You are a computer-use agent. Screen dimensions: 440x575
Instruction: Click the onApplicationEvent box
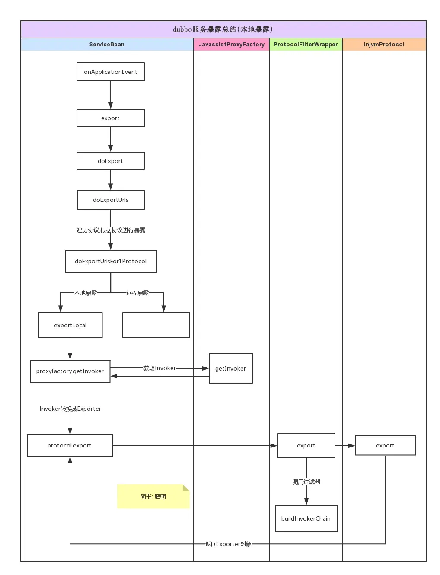tap(111, 72)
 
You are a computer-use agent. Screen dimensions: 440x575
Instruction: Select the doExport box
tap(111, 161)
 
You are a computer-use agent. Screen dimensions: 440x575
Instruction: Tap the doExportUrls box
tap(111, 200)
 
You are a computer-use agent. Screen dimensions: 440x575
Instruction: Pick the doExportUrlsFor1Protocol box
tap(111, 261)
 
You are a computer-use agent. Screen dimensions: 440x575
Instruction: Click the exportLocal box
tap(70, 325)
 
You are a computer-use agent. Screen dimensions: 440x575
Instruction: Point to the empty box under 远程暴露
tap(156, 325)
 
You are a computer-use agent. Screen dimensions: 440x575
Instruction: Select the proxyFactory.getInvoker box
tap(70, 371)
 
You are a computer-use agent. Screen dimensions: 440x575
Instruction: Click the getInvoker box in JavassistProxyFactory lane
tap(231, 368)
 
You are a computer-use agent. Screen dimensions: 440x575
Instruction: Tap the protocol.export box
tap(70, 446)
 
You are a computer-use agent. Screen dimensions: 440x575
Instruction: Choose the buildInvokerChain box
tap(306, 518)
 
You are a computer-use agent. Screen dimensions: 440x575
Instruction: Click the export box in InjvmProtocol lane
tap(385, 446)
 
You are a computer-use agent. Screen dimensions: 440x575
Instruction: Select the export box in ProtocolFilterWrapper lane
tap(306, 446)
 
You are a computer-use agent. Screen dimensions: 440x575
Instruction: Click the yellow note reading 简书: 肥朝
tap(153, 496)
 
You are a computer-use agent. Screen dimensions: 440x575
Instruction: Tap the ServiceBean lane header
tap(107, 44)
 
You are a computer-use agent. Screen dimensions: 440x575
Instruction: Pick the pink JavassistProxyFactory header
tap(232, 44)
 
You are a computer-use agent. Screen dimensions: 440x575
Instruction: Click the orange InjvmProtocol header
tap(384, 44)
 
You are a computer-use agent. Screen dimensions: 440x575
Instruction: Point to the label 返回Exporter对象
tap(228, 544)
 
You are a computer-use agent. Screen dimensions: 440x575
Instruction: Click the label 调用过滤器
tap(306, 482)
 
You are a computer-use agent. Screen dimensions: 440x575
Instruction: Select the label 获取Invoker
tap(159, 368)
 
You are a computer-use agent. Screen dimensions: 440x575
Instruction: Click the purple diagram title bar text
tap(223, 29)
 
